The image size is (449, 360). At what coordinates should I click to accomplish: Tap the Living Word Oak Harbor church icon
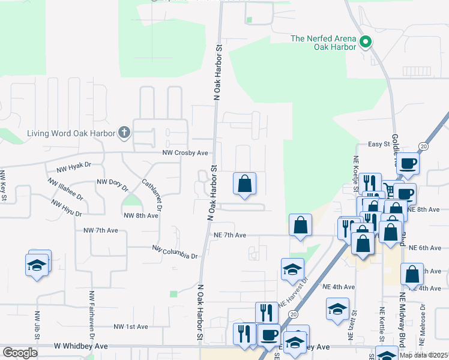(x=124, y=133)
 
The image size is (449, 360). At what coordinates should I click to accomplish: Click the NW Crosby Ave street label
(x=185, y=153)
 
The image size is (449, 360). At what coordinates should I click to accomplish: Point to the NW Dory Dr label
(x=112, y=184)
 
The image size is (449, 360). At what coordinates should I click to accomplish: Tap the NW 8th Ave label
(x=140, y=215)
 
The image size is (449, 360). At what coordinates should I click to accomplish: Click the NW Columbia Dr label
(x=175, y=252)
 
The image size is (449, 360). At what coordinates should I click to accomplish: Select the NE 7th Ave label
(x=230, y=235)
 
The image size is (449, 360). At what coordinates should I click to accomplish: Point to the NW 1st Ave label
(x=131, y=326)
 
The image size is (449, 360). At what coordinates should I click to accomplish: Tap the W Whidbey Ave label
(x=80, y=346)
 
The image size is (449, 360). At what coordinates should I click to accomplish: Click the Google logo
(x=20, y=353)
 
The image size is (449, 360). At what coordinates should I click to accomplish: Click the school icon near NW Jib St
(x=37, y=265)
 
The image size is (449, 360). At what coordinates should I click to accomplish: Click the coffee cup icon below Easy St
(x=408, y=163)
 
